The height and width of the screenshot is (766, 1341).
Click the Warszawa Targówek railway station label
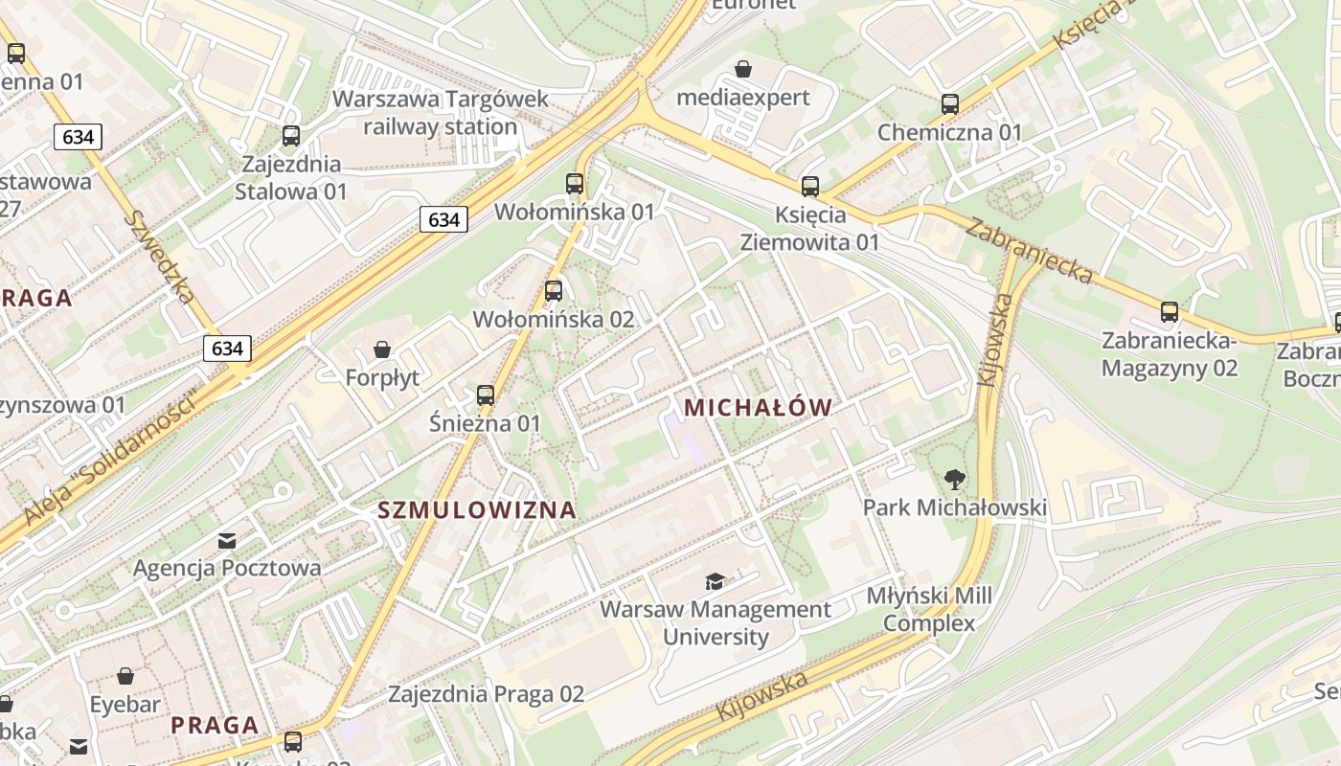pos(441,113)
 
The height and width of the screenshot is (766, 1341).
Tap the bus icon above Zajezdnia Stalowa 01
pos(291,136)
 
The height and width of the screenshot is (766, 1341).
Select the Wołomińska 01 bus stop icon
pos(575,184)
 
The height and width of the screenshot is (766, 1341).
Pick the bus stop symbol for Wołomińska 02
pos(554,291)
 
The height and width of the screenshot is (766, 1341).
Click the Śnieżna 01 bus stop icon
pos(486,394)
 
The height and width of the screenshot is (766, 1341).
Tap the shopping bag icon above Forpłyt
pos(382,349)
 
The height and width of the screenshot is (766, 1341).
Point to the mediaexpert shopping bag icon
pos(743,69)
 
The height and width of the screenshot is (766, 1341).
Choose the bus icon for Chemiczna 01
pos(950,104)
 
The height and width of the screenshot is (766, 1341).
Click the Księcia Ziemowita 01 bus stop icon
pos(810,187)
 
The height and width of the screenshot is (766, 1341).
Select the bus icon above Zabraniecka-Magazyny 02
pos(1170,312)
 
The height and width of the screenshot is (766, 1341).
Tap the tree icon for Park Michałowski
pos(954,479)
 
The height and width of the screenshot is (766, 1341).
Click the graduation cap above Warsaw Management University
pos(716,581)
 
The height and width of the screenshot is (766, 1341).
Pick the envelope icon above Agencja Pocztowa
pos(227,541)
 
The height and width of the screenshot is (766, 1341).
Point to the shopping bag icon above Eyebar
pos(125,677)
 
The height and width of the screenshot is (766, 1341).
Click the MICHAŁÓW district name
pos(758,408)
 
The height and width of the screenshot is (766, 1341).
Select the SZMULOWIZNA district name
pos(477,510)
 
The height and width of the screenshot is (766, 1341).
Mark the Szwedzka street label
pos(159,256)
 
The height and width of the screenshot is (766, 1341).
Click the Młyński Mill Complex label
pos(929,610)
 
